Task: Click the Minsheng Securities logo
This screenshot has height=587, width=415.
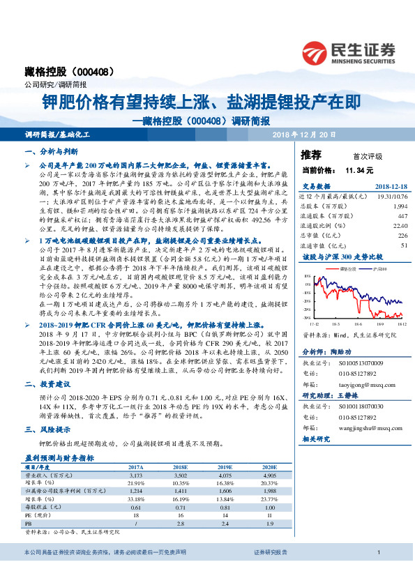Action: pos(349,51)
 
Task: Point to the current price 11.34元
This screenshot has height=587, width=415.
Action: pos(359,169)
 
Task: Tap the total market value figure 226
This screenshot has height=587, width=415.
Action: pos(402,236)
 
